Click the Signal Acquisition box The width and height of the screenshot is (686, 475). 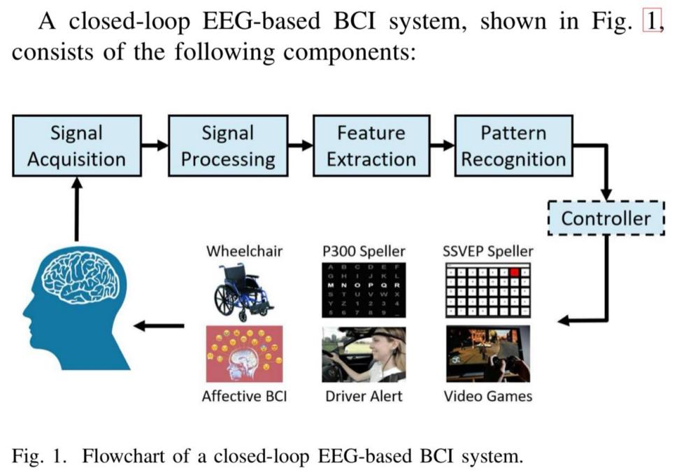pyautogui.click(x=76, y=146)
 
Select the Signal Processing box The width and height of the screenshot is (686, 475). pyautogui.click(x=228, y=146)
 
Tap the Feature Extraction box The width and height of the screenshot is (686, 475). pyautogui.click(x=371, y=146)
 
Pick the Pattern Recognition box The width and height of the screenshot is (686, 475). pyautogui.click(x=513, y=146)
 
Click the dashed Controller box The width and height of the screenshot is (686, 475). pyautogui.click(x=606, y=218)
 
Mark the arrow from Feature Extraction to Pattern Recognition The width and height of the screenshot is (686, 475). pyautogui.click(x=442, y=146)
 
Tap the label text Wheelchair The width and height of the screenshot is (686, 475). pyautogui.click(x=244, y=250)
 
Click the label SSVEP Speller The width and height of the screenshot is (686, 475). pyautogui.click(x=488, y=250)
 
